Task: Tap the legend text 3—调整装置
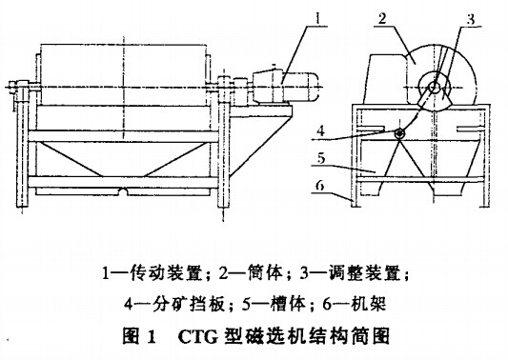tap(357, 275)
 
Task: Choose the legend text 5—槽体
tap(281, 305)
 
